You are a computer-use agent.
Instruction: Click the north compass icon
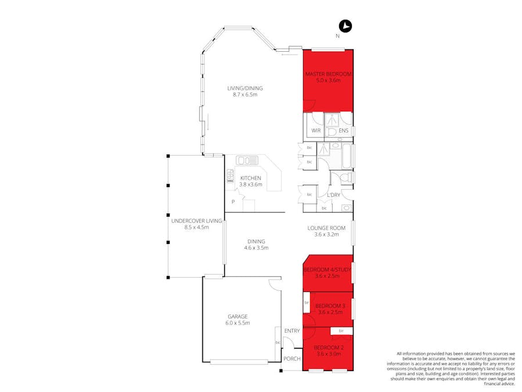pyautogui.click(x=345, y=26)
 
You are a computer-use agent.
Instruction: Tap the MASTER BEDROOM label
pyautogui.click(x=328, y=74)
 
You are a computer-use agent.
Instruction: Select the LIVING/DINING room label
pyautogui.click(x=244, y=88)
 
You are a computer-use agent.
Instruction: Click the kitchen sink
pyautogui.click(x=247, y=160)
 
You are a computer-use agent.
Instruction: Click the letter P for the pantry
pyautogui.click(x=232, y=202)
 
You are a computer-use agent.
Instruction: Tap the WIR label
pyautogui.click(x=316, y=131)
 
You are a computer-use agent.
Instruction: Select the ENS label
pyautogui.click(x=344, y=131)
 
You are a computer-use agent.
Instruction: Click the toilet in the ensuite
pyautogui.click(x=332, y=132)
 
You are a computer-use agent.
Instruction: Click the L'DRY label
pyautogui.click(x=333, y=195)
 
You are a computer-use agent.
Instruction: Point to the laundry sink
pyautogui.click(x=347, y=207)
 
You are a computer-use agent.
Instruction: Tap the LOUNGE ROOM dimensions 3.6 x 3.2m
pyautogui.click(x=326, y=235)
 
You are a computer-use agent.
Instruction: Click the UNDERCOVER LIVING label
pyautogui.click(x=196, y=221)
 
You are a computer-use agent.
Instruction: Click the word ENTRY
pyautogui.click(x=291, y=331)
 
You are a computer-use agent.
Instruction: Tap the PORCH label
pyautogui.click(x=291, y=359)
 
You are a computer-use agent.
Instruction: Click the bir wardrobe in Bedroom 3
pyautogui.click(x=306, y=303)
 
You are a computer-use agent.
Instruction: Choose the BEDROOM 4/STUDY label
pyautogui.click(x=328, y=269)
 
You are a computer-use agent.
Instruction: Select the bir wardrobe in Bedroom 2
pyautogui.click(x=341, y=331)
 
